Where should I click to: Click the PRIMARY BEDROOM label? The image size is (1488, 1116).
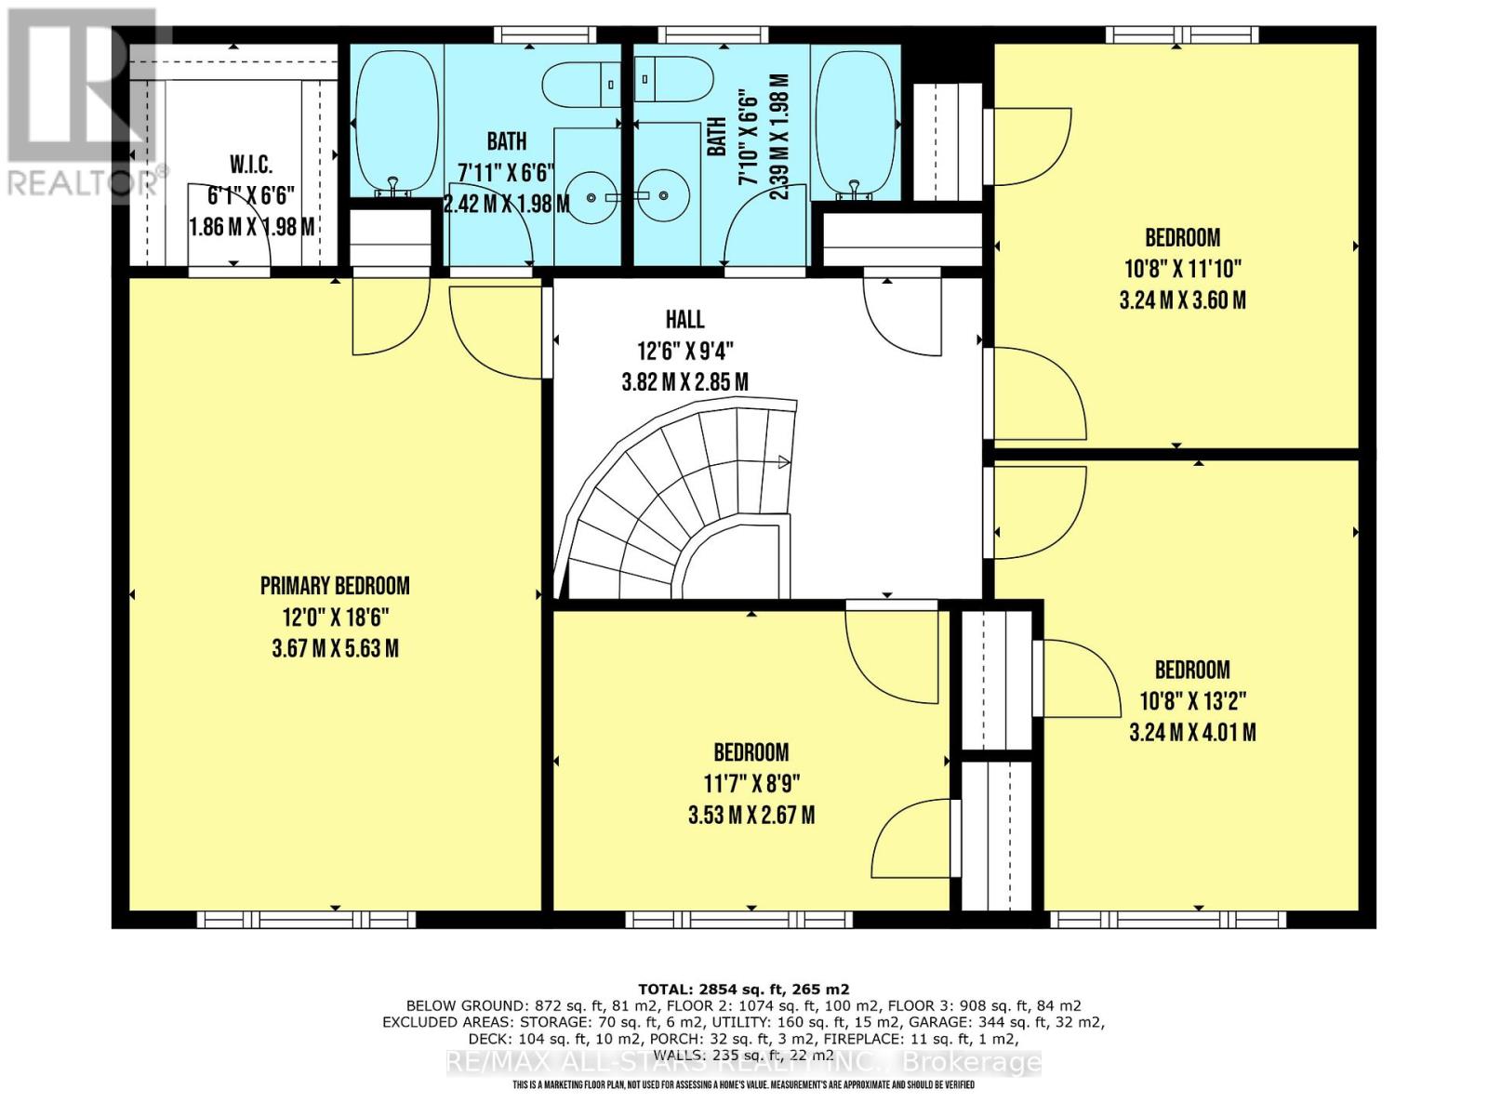click(335, 586)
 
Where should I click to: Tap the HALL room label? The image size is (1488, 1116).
click(684, 319)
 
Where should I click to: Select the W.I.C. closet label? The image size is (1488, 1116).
click(251, 164)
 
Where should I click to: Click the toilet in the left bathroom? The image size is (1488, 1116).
click(581, 85)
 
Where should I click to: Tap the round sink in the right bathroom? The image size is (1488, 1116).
click(664, 196)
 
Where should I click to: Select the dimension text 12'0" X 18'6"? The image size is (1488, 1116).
click(335, 618)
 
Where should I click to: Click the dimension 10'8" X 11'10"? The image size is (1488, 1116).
click(1182, 269)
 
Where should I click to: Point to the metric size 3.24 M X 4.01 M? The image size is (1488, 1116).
click(1191, 732)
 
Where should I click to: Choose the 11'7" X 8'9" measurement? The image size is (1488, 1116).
click(751, 784)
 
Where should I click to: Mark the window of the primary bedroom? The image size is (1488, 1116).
click(306, 920)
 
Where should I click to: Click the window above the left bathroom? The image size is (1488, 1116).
click(544, 34)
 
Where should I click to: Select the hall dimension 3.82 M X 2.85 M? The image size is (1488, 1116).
click(684, 382)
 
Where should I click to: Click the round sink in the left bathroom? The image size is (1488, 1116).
click(591, 196)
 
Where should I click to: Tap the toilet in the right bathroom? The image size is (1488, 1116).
click(673, 80)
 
